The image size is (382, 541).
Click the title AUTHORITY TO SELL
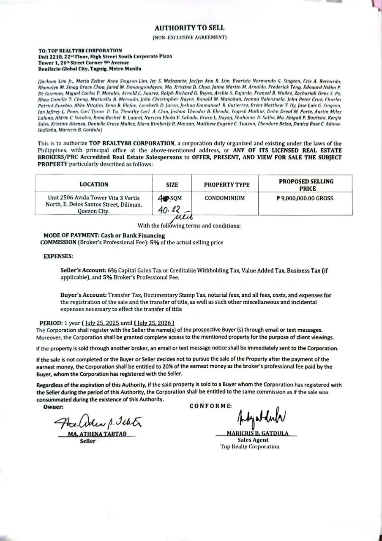(189, 28)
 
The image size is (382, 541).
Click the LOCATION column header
(94, 185)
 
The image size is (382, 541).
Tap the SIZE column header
(172, 185)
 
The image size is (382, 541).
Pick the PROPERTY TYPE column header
(226, 185)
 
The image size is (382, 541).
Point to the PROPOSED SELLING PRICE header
(306, 185)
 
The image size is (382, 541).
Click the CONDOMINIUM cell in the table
(224, 198)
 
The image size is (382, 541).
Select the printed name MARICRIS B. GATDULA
(256, 434)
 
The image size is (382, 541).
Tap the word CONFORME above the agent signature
(210, 406)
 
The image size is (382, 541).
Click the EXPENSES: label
(58, 257)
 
